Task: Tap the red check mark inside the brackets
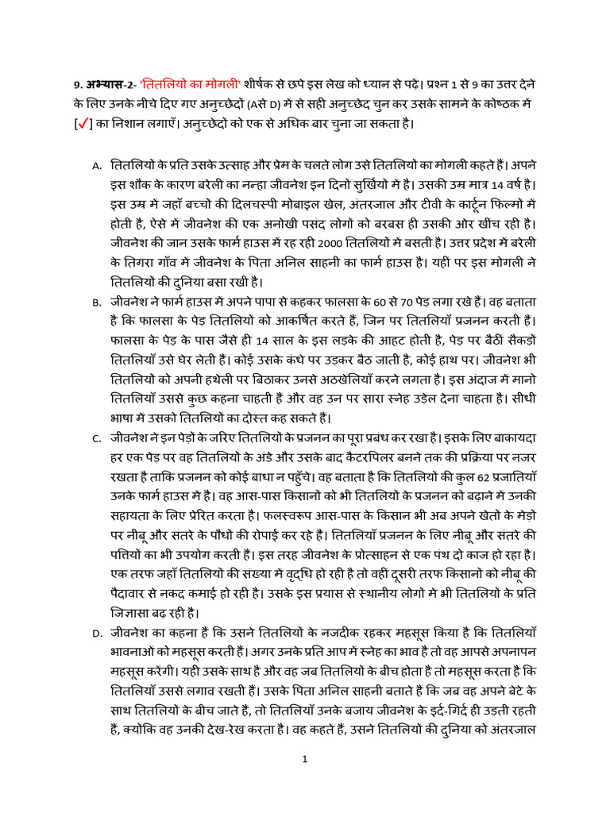(x=82, y=125)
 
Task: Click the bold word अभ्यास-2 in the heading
(x=110, y=83)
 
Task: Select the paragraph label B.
(x=97, y=302)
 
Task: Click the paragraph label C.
(x=97, y=438)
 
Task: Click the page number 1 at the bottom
(x=304, y=759)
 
